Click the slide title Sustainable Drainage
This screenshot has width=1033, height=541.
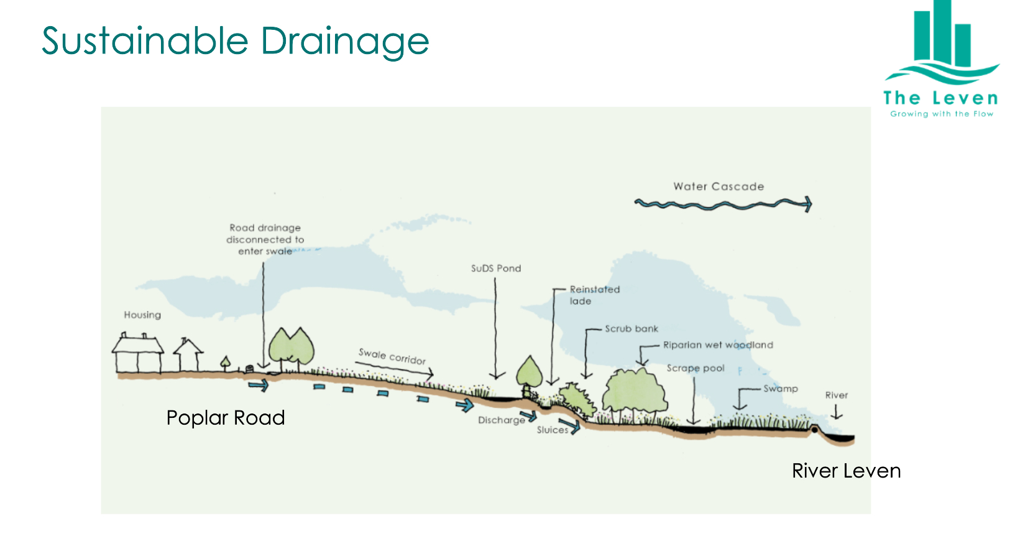pyautogui.click(x=235, y=41)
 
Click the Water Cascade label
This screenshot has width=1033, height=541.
pyautogui.click(x=719, y=187)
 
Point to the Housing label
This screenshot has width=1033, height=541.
pyautogui.click(x=142, y=315)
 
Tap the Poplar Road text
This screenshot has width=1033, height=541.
pyautogui.click(x=226, y=418)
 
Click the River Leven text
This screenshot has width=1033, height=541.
pyautogui.click(x=846, y=471)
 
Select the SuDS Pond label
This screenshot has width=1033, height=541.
pyautogui.click(x=496, y=269)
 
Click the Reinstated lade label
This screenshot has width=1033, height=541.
pyautogui.click(x=594, y=295)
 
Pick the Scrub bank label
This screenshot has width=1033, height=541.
pyautogui.click(x=631, y=328)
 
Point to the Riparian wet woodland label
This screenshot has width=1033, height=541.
pyautogui.click(x=718, y=345)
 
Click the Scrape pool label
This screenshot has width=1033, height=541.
pyautogui.click(x=696, y=368)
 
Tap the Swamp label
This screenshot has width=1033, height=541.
pyautogui.click(x=781, y=389)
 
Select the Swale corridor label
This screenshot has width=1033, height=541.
pyautogui.click(x=392, y=356)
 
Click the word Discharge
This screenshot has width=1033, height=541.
pyautogui.click(x=501, y=420)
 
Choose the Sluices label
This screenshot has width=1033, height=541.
pyautogui.click(x=552, y=430)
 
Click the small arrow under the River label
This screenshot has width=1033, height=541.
pyautogui.click(x=837, y=412)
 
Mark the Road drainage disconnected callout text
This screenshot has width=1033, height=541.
pyautogui.click(x=265, y=239)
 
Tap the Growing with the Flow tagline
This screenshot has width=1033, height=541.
pyautogui.click(x=942, y=114)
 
